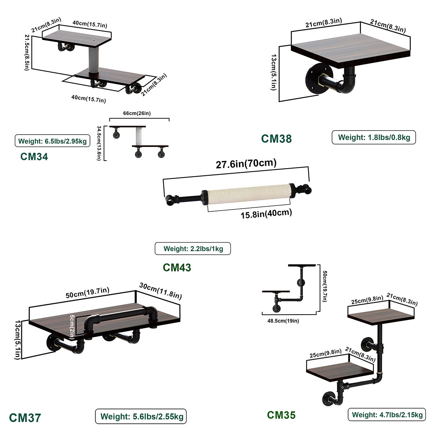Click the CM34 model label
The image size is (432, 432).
point(34,157)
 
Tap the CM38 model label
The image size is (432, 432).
point(276,138)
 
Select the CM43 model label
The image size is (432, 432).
point(177,267)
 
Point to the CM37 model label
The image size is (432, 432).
point(25,418)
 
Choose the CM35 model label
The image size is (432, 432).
point(281,415)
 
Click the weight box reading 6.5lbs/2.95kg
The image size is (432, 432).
point(52,141)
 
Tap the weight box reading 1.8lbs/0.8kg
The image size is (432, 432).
point(374,137)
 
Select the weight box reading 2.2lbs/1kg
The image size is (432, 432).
point(193,248)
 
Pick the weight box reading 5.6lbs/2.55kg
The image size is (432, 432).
point(141,417)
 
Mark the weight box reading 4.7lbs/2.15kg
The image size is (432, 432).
point(387,415)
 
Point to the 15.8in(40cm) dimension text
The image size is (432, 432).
point(266,214)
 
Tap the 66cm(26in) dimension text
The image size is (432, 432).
point(137,113)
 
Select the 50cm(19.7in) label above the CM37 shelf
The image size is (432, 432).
point(87,293)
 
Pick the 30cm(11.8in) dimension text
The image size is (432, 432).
point(160,291)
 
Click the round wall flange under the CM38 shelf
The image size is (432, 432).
point(314,78)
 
